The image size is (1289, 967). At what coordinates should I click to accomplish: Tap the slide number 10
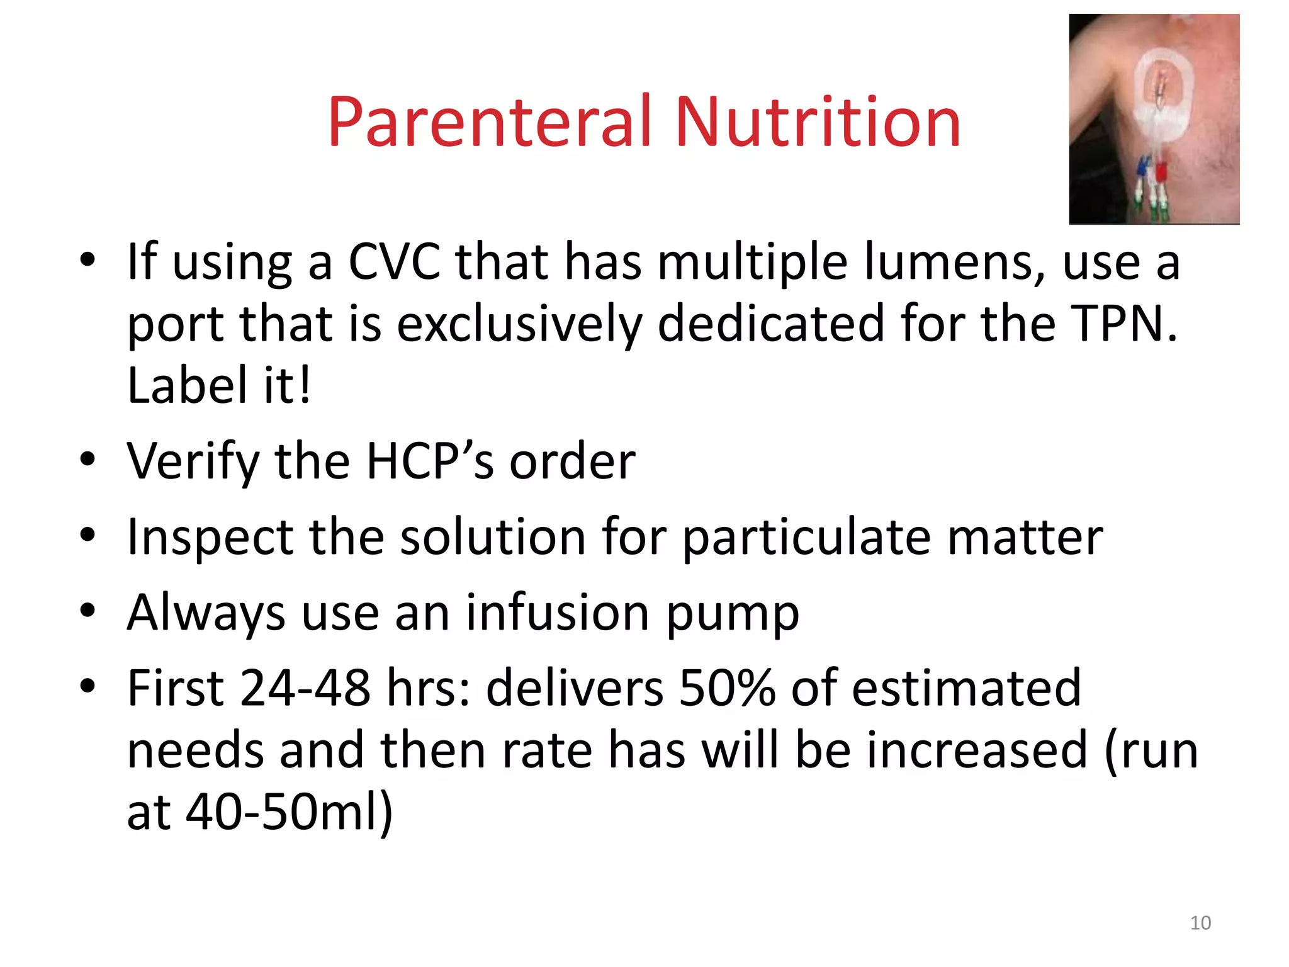[x=1200, y=923]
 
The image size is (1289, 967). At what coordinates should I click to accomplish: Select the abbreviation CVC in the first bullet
[x=395, y=261]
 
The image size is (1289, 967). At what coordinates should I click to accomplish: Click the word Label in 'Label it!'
[x=187, y=385]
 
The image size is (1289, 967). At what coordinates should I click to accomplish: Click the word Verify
[x=192, y=461]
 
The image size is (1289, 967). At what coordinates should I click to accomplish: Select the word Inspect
[x=210, y=537]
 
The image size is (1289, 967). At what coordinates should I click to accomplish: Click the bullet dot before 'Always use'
[x=87, y=611]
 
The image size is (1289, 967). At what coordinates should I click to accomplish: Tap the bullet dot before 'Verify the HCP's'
[x=87, y=460]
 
